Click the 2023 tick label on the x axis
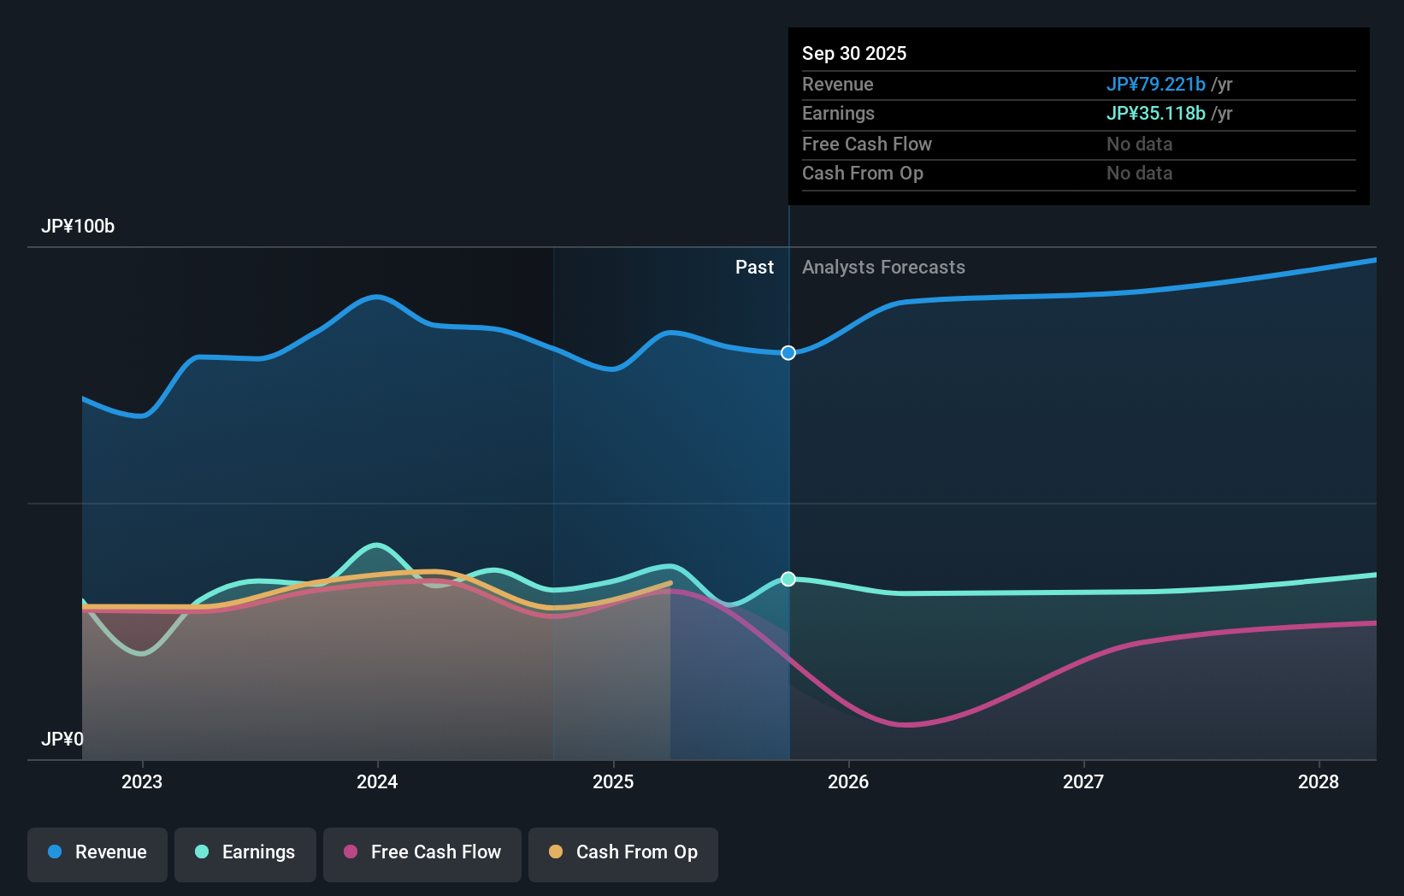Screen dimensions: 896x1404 [x=142, y=781]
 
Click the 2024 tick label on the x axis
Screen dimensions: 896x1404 [x=377, y=781]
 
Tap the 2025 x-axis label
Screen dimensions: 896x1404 [x=613, y=781]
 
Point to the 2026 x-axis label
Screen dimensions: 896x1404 [x=848, y=781]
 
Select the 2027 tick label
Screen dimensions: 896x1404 [x=1083, y=781]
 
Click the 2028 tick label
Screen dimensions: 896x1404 [x=1318, y=781]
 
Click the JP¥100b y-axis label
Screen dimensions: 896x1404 [x=78, y=227]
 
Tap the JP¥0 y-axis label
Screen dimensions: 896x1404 [x=62, y=739]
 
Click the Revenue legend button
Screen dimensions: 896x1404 [x=97, y=852]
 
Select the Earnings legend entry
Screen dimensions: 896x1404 [x=245, y=852]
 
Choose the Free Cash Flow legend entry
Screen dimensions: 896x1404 [x=422, y=852]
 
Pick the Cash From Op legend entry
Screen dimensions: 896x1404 [x=623, y=852]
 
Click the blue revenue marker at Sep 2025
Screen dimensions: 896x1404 [x=788, y=353]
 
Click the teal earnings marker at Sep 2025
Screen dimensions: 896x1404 [x=788, y=579]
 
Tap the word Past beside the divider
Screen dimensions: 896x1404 [x=754, y=268]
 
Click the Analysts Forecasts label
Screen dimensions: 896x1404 [x=883, y=268]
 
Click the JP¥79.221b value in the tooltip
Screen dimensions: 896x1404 [x=1155, y=85]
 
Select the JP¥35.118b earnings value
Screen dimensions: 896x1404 [x=1155, y=114]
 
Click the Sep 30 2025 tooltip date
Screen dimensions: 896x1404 [x=854, y=54]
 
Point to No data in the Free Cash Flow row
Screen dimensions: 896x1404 [x=1139, y=144]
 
